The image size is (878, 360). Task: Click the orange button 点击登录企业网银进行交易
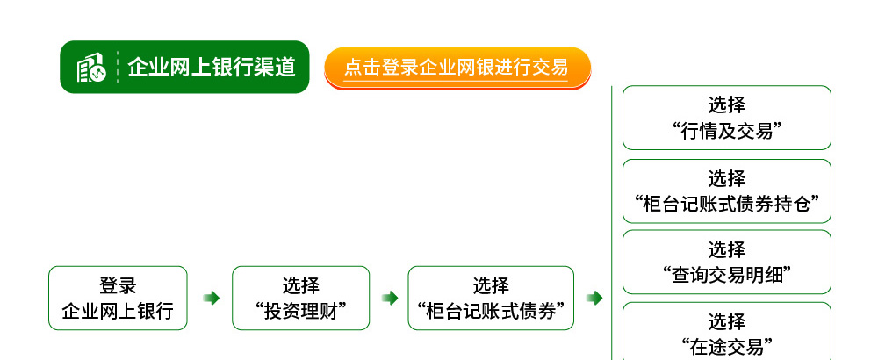[x=457, y=68]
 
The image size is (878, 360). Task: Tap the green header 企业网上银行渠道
[x=184, y=68]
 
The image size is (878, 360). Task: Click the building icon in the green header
[x=90, y=68]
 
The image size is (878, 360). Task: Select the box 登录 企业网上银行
[x=118, y=298]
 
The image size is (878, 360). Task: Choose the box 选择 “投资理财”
[x=300, y=298]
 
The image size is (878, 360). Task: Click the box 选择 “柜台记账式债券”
[x=491, y=298]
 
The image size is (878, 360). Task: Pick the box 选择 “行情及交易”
[x=727, y=118]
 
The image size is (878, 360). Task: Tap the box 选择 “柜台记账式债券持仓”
[x=727, y=191]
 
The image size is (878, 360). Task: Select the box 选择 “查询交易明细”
[x=727, y=262]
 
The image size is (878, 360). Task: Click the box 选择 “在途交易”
[x=727, y=331]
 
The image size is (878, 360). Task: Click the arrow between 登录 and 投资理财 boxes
[x=211, y=298]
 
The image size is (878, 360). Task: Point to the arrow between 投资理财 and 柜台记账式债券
[x=390, y=298]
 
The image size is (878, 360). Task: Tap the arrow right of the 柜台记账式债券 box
[x=594, y=298]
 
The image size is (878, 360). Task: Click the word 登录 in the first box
[x=118, y=285]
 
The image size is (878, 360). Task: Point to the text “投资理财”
[x=300, y=311]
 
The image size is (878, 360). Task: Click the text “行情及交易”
[x=727, y=131]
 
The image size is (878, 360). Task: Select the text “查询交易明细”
[x=727, y=275]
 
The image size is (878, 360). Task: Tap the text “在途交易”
[x=727, y=347]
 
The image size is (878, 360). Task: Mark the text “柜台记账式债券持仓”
[x=727, y=204]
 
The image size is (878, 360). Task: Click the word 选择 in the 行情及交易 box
[x=727, y=104]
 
